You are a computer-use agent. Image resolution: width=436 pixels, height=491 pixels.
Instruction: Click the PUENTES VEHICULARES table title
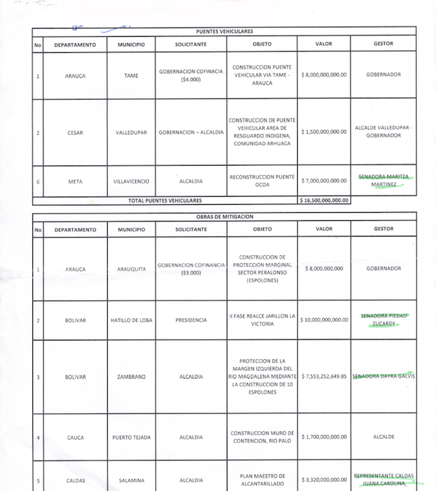tap(224, 31)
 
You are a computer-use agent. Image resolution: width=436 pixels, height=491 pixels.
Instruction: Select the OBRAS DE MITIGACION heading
tap(224, 217)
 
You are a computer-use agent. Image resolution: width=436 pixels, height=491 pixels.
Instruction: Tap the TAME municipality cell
tap(131, 75)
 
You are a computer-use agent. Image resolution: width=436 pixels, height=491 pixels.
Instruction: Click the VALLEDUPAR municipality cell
tap(131, 133)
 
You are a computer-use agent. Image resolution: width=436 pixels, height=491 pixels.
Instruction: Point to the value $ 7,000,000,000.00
tap(323, 181)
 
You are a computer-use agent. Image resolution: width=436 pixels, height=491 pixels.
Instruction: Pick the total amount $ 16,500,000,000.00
tap(323, 201)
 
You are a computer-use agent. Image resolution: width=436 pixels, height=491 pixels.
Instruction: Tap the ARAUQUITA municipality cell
tap(131, 269)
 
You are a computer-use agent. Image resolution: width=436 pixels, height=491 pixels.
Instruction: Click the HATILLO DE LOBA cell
tap(131, 320)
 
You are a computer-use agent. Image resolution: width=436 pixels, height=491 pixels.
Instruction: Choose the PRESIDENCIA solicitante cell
tap(191, 320)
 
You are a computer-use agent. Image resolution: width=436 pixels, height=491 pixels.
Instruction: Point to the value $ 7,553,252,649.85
tap(323, 376)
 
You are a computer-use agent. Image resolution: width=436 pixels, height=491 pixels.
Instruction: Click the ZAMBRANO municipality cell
tap(131, 377)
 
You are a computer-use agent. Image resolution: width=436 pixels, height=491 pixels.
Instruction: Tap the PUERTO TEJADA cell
tap(131, 437)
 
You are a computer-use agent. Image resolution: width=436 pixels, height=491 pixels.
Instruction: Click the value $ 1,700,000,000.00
tap(323, 437)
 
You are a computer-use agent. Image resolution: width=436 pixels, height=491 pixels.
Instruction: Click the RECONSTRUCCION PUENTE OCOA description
tap(262, 180)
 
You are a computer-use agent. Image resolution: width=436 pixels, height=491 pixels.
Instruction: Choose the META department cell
tap(75, 182)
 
